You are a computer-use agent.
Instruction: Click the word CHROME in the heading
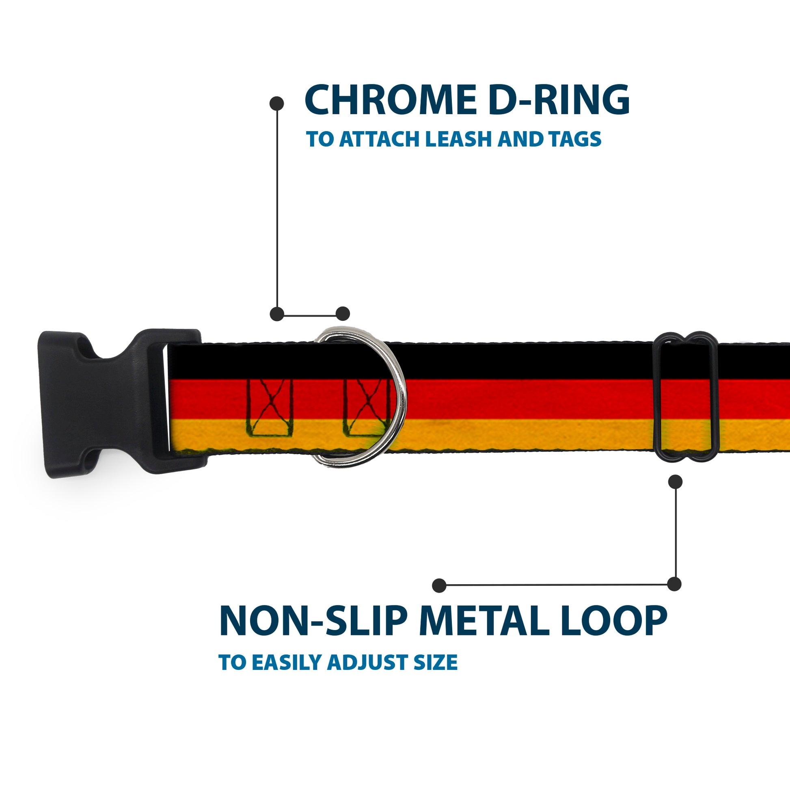(390, 100)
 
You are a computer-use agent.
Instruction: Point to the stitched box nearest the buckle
(270, 408)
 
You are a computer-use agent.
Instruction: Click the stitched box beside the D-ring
(366, 408)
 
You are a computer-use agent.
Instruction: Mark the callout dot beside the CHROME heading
(277, 104)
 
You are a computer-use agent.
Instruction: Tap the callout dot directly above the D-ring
(343, 314)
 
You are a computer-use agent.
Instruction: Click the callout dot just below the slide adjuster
(675, 482)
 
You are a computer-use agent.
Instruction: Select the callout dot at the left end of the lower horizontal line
(439, 585)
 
